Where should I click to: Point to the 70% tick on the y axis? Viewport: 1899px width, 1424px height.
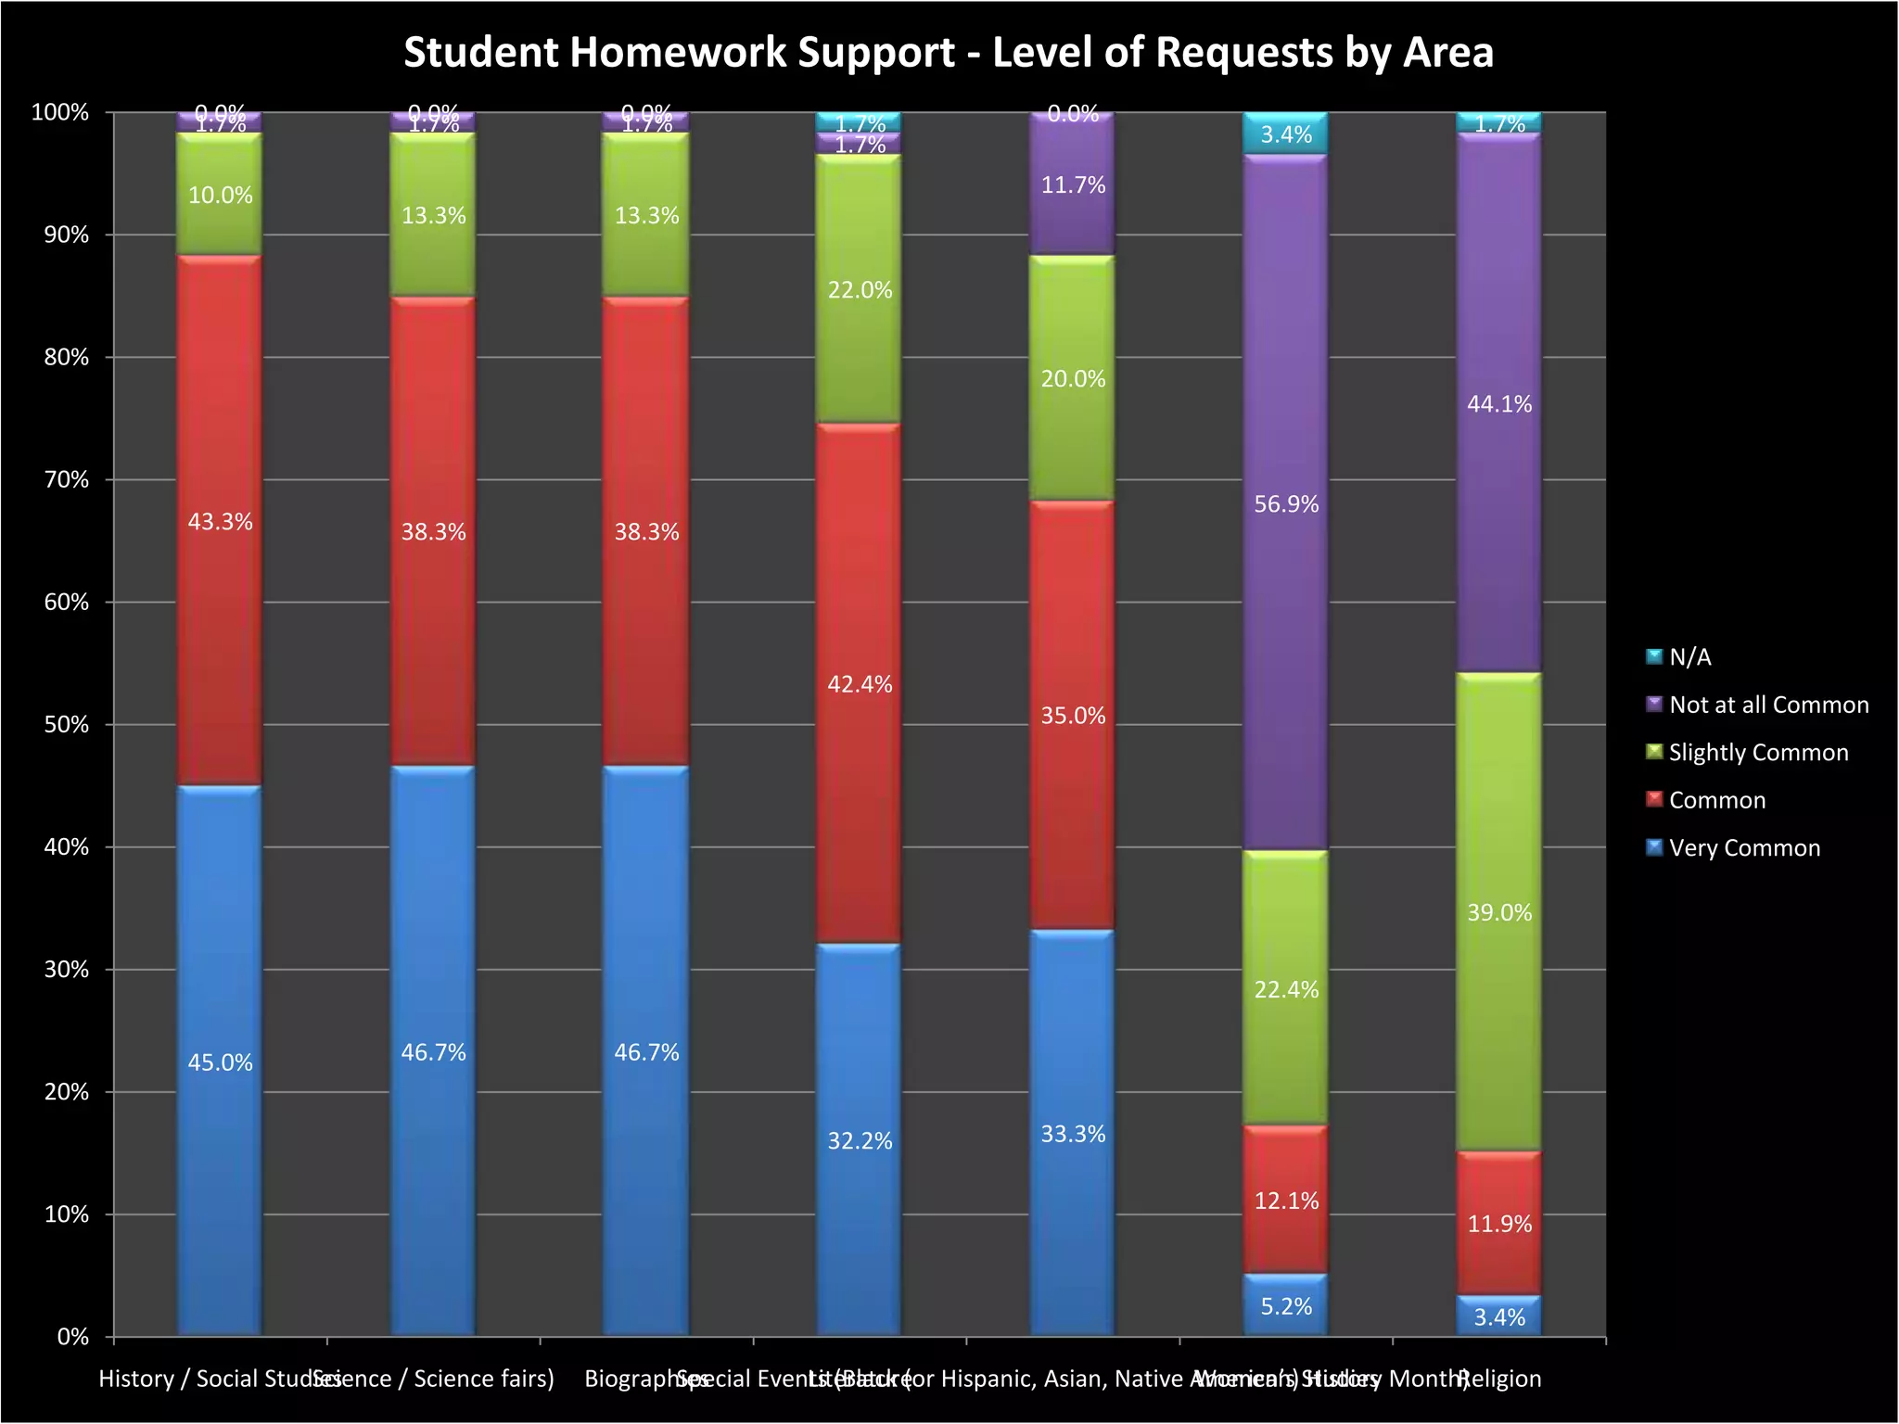(66, 480)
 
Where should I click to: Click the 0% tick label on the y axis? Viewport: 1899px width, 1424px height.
(72, 1337)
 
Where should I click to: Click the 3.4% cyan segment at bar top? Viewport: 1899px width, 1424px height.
(1286, 133)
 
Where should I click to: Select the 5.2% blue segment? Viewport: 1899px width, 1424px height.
(1286, 1305)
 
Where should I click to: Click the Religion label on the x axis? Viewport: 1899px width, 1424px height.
(1500, 1379)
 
